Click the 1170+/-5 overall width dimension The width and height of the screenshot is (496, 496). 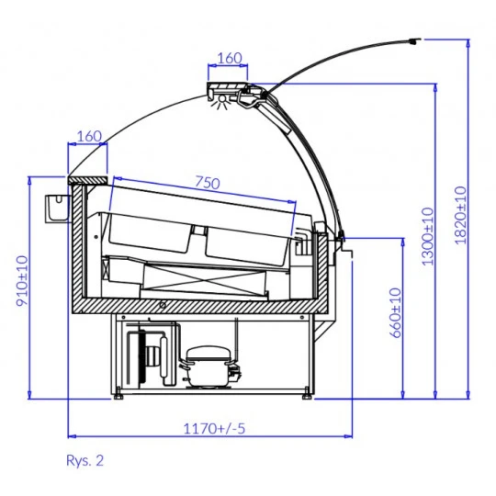[x=214, y=429]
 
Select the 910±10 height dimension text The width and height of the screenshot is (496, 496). [x=22, y=281]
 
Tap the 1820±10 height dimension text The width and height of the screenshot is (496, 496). [x=460, y=216]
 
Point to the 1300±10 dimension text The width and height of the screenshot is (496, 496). [x=428, y=236]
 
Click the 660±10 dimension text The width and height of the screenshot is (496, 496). [x=395, y=313]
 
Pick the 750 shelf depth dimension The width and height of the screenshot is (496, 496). [x=208, y=183]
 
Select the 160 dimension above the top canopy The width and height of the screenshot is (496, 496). [x=230, y=58]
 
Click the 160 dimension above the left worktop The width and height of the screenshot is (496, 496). [x=89, y=136]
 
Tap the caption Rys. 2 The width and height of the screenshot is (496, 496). [x=85, y=460]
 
